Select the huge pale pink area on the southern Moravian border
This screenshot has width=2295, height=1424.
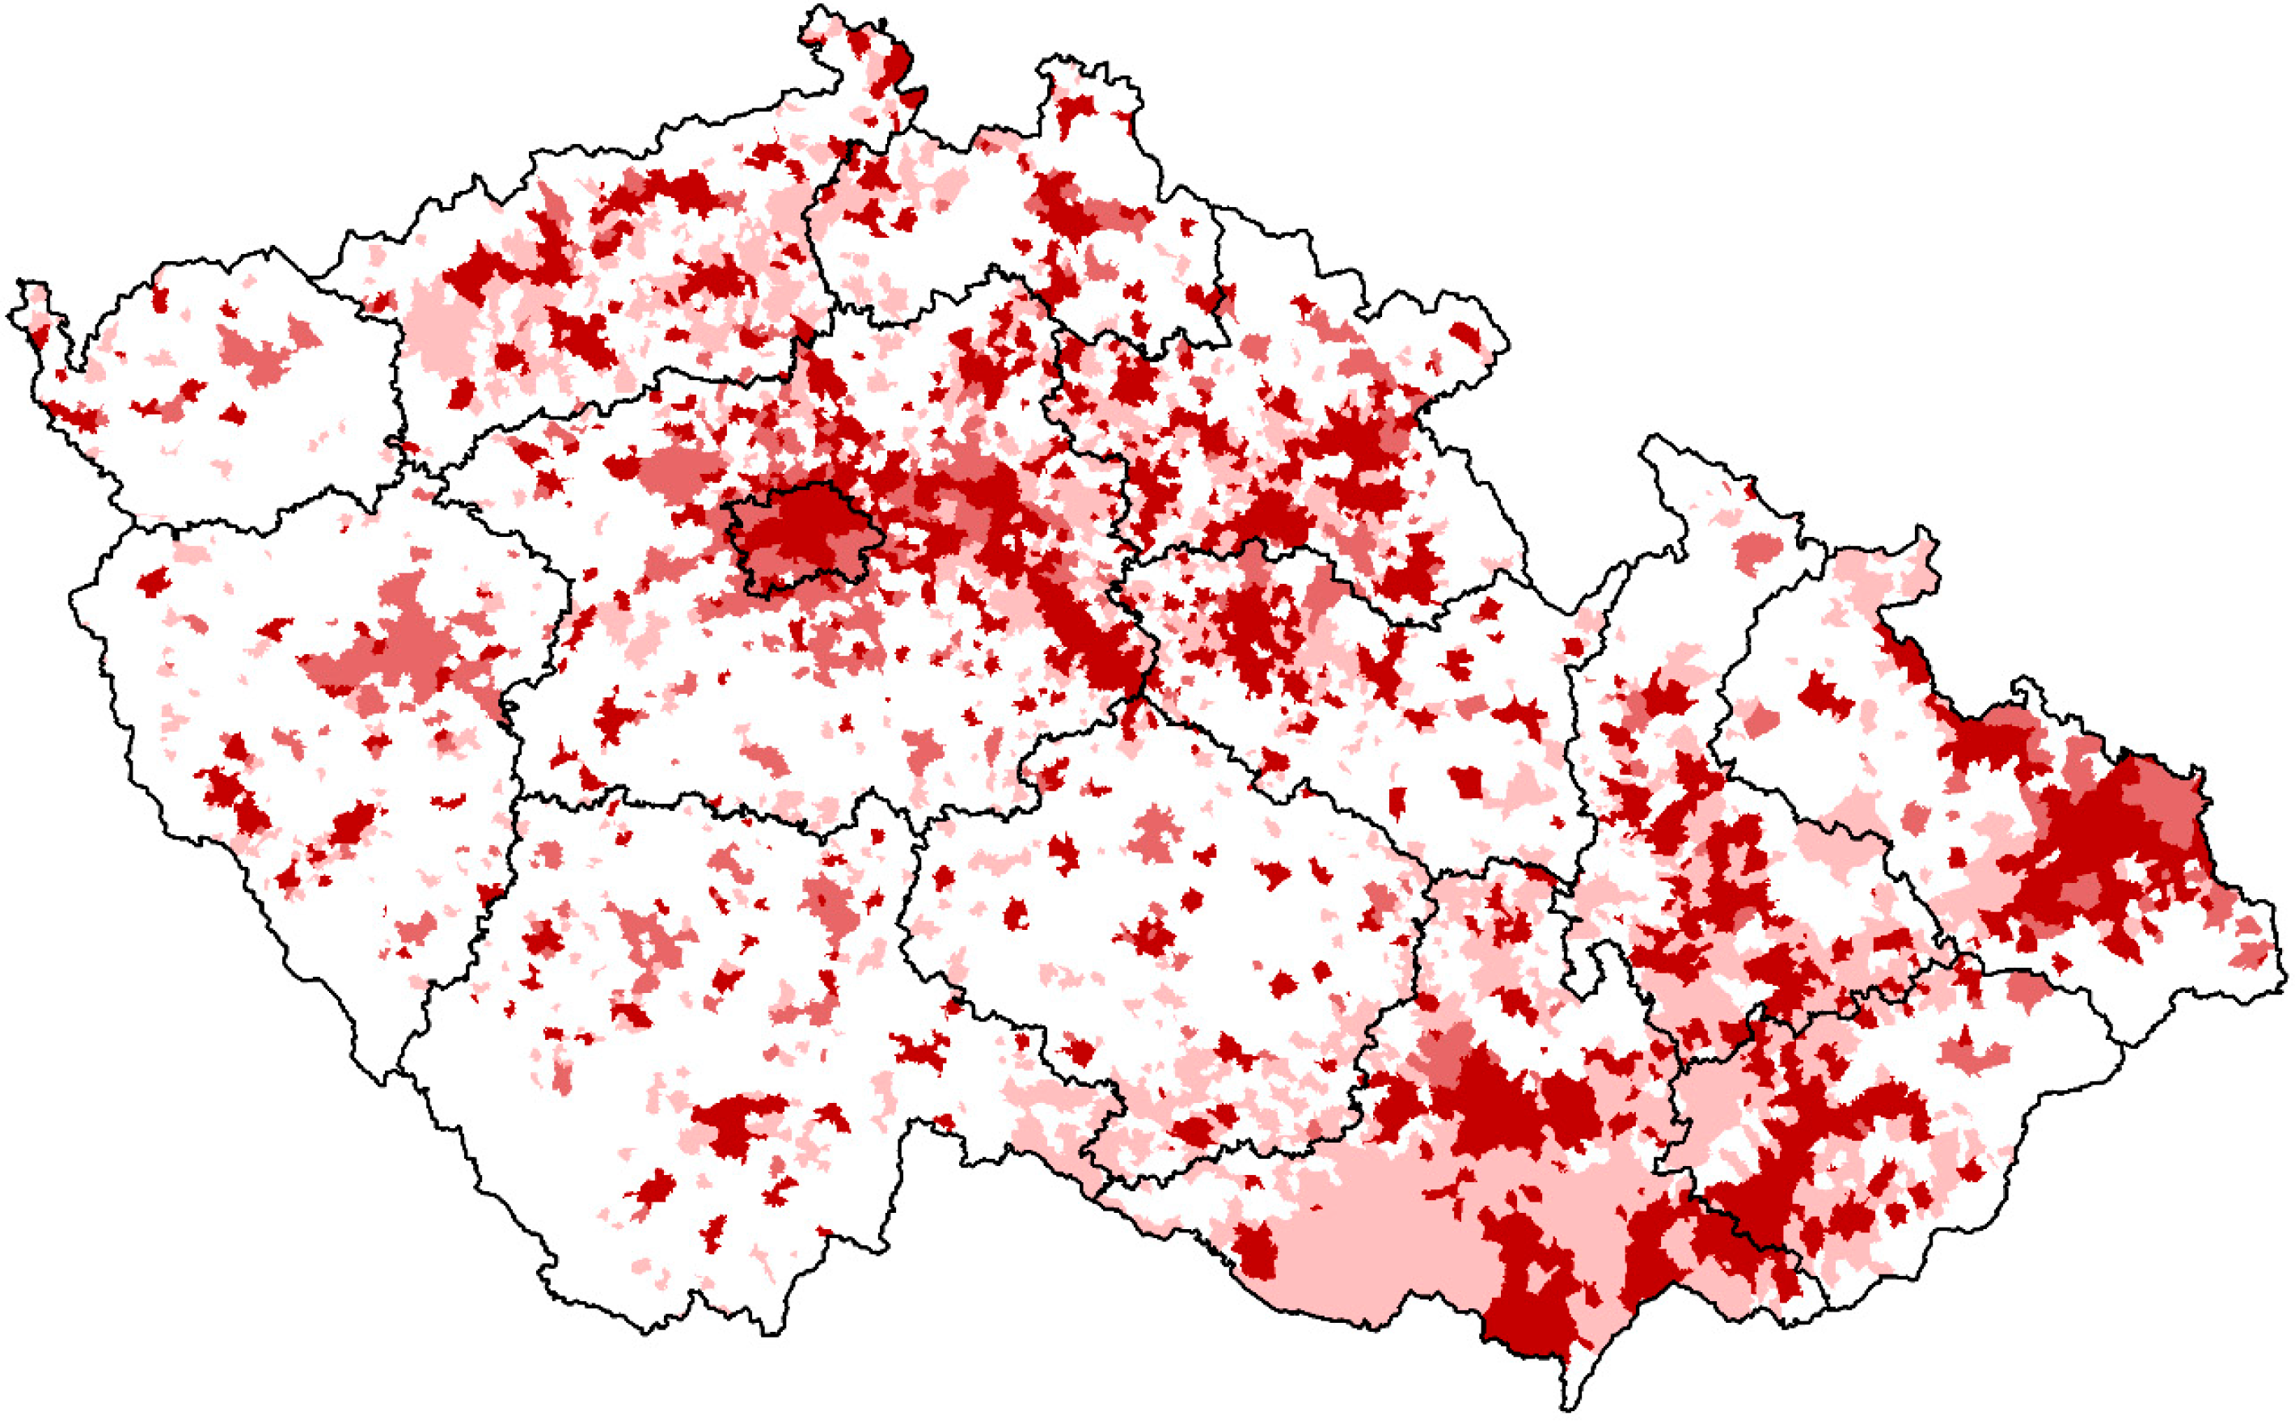click(x=1366, y=1243)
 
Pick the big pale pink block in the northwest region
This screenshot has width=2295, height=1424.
click(x=442, y=330)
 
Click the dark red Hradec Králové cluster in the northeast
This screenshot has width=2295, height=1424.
click(x=1356, y=452)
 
